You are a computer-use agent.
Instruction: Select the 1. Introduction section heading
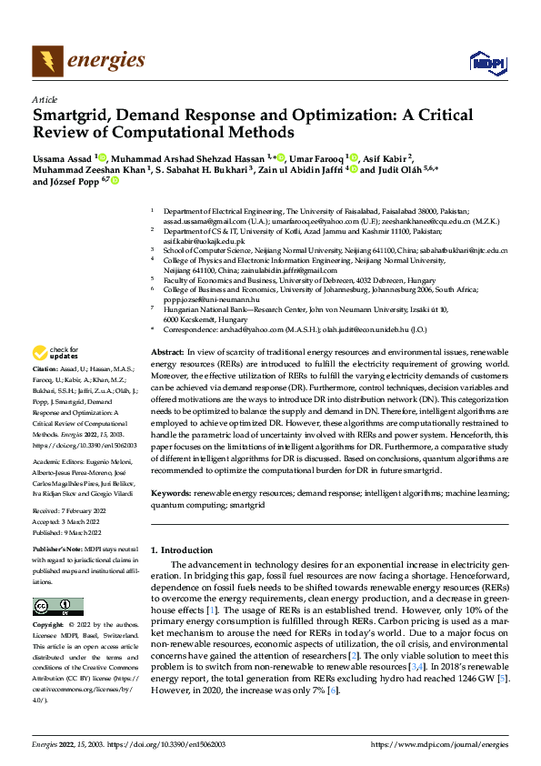pos(181,550)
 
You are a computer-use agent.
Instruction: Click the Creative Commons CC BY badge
pos(57,607)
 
